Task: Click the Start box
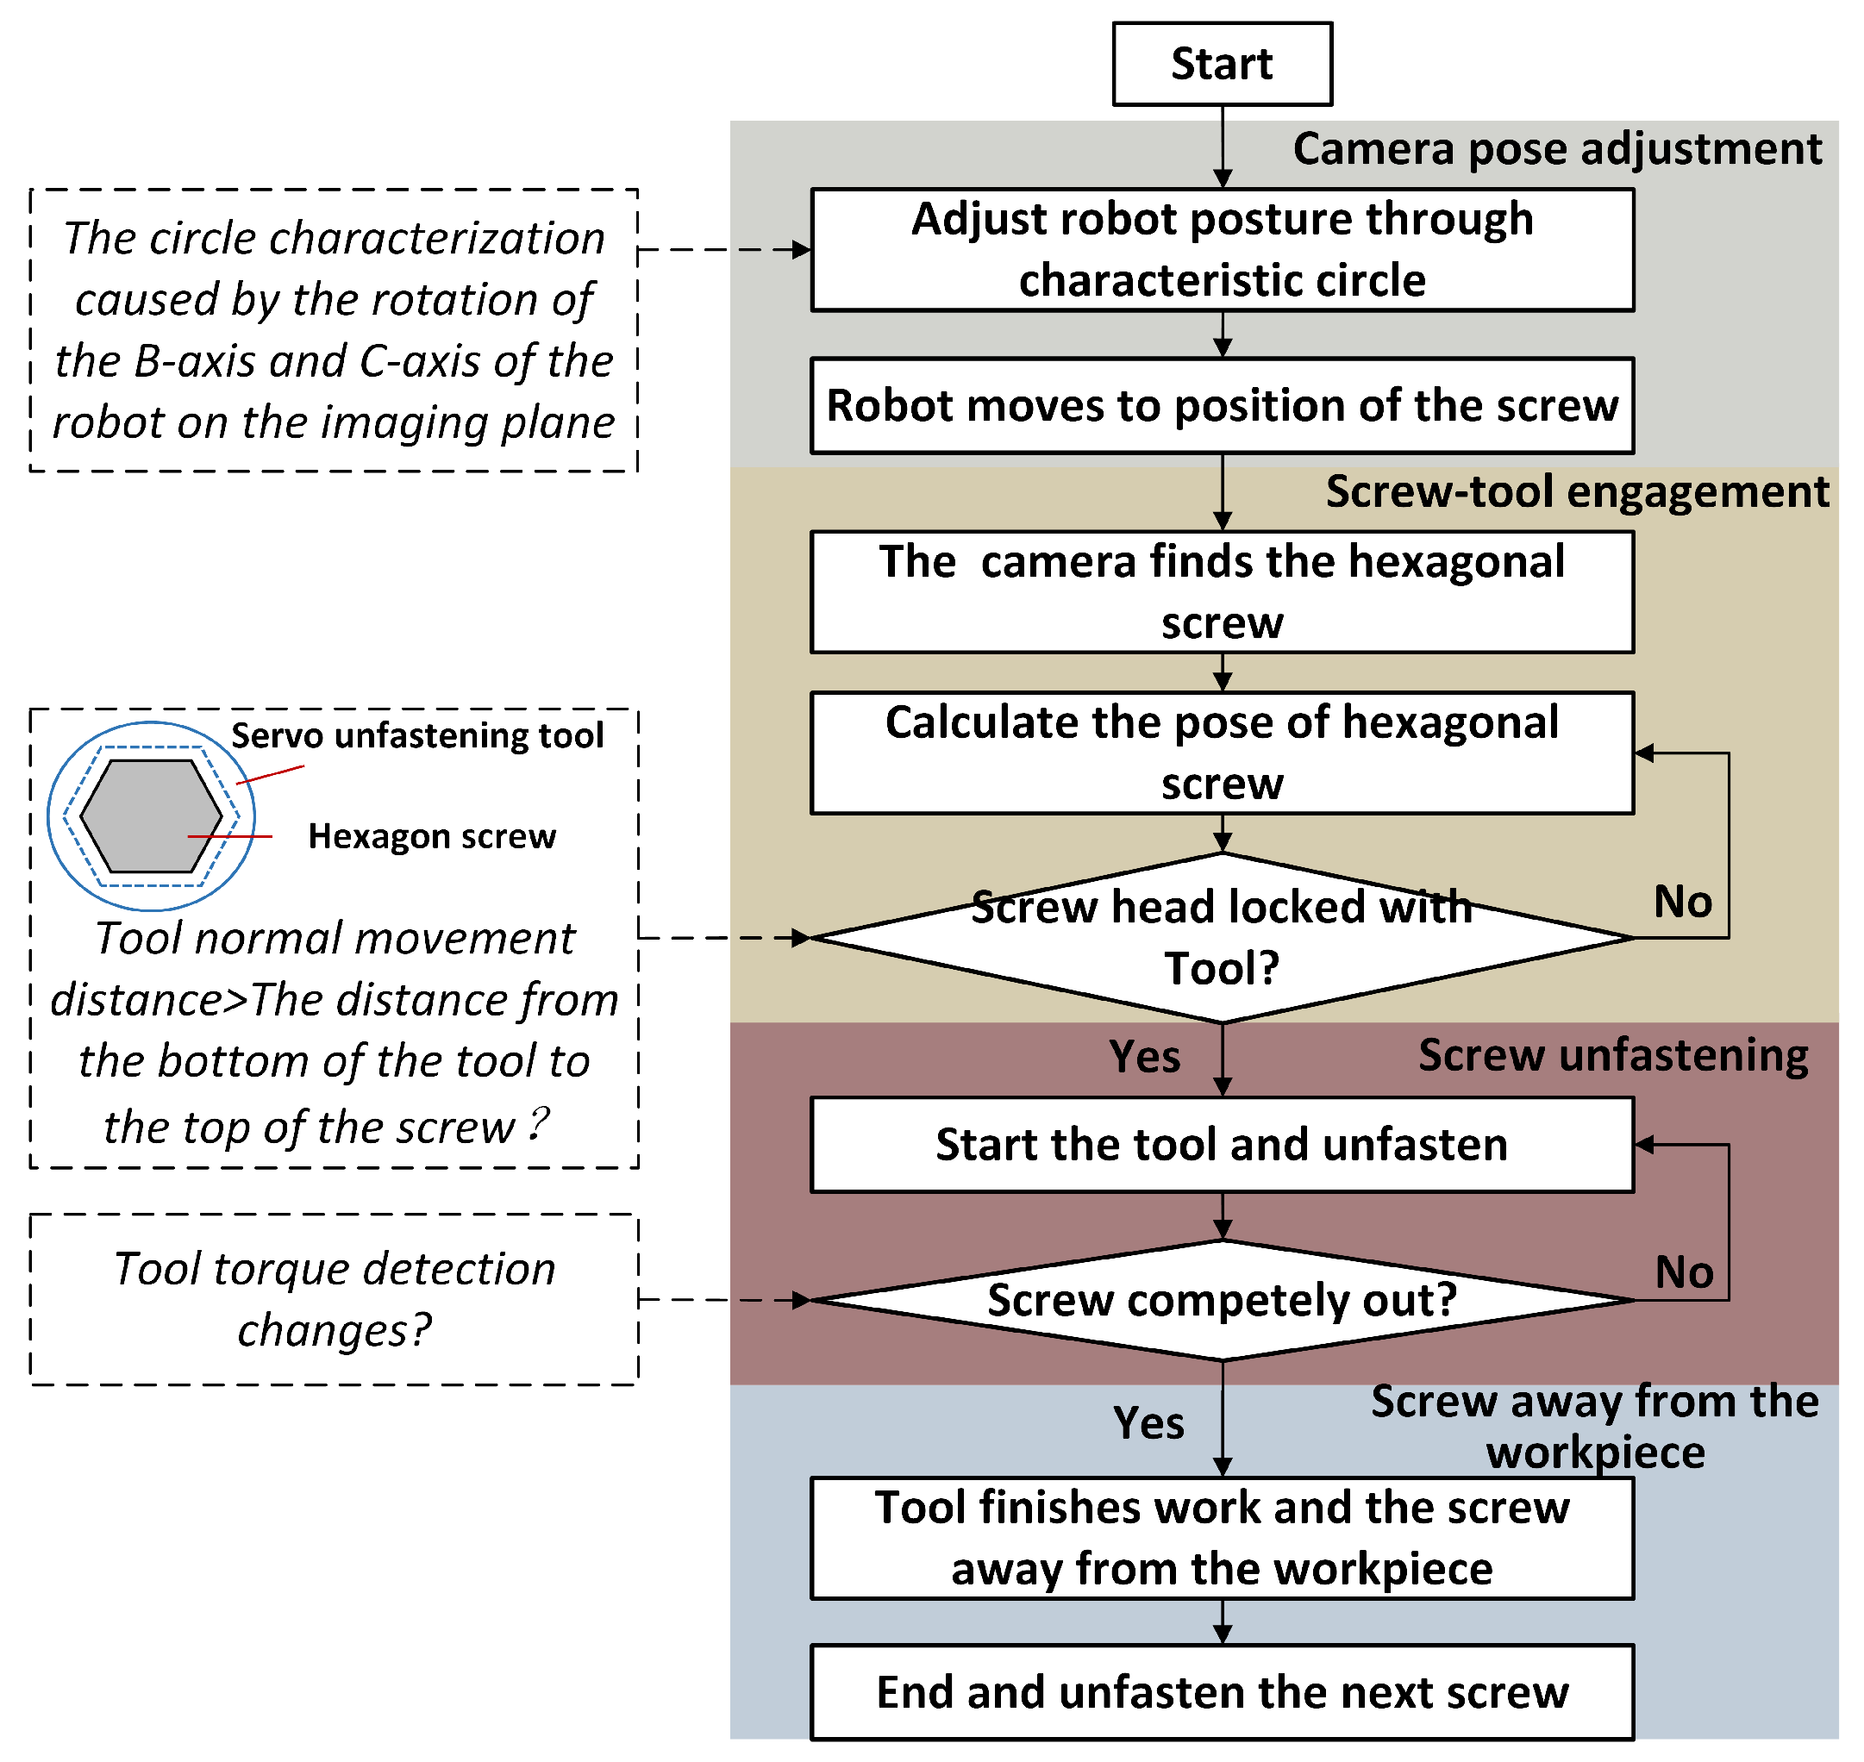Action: [1222, 64]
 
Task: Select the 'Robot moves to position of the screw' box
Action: [1222, 406]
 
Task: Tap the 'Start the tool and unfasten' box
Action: [1222, 1145]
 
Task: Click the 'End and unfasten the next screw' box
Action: [1222, 1692]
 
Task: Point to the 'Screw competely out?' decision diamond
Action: [1222, 1301]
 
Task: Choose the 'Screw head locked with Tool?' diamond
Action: [1222, 937]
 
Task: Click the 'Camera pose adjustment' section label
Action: [1557, 148]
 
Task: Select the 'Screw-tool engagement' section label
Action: [1577, 491]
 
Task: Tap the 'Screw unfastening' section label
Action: [1612, 1055]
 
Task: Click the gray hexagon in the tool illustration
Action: [150, 815]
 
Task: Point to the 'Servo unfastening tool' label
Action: [417, 735]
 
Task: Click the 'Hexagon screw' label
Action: [431, 836]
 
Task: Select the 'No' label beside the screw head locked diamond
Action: [1683, 902]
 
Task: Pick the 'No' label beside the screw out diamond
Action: [1684, 1272]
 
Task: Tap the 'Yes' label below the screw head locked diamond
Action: [1144, 1057]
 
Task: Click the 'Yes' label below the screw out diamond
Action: [1148, 1423]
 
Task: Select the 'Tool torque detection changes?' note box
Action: [335, 1299]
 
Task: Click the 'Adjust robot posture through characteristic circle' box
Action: [1222, 250]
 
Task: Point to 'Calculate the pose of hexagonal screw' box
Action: [1222, 753]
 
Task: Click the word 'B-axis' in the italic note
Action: [193, 361]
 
